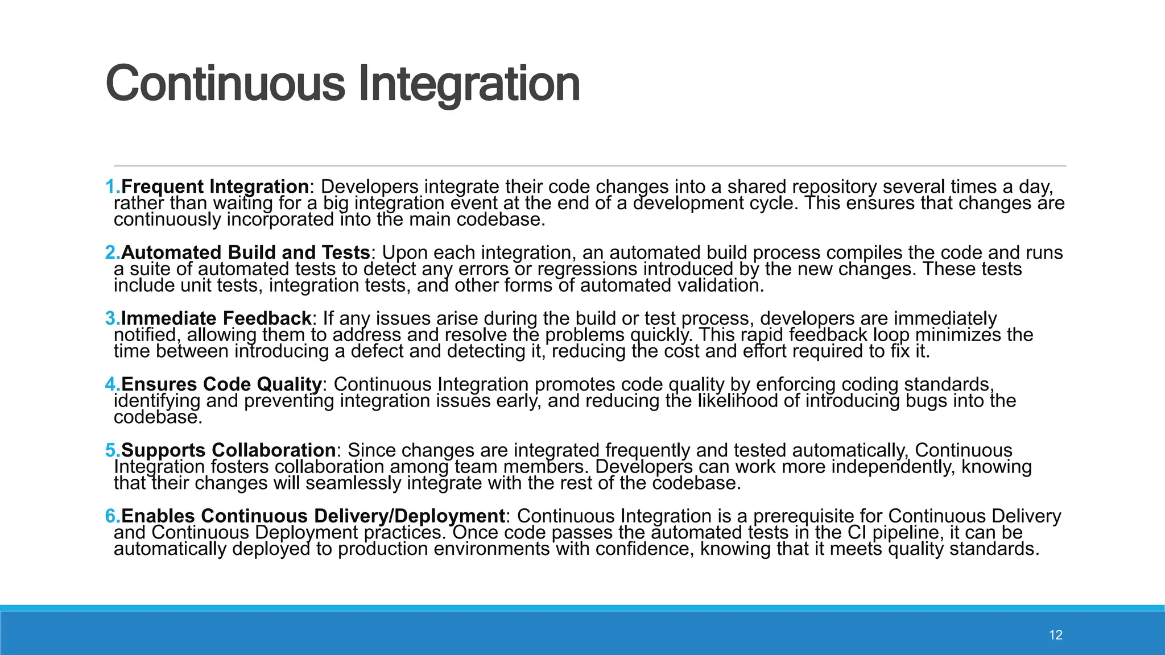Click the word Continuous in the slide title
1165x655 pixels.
pos(225,84)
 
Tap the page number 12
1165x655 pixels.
pos(1055,635)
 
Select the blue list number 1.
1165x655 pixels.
pos(111,186)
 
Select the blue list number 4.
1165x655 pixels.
pos(111,384)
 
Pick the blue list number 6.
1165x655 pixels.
pos(111,516)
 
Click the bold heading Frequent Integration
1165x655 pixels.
pos(215,186)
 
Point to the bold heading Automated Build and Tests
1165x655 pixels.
pos(246,252)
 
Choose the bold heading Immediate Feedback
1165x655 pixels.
pos(216,318)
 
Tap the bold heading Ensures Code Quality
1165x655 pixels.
pos(222,384)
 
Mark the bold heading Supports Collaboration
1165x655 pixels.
pos(228,450)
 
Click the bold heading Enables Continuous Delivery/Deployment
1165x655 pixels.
pos(313,516)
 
